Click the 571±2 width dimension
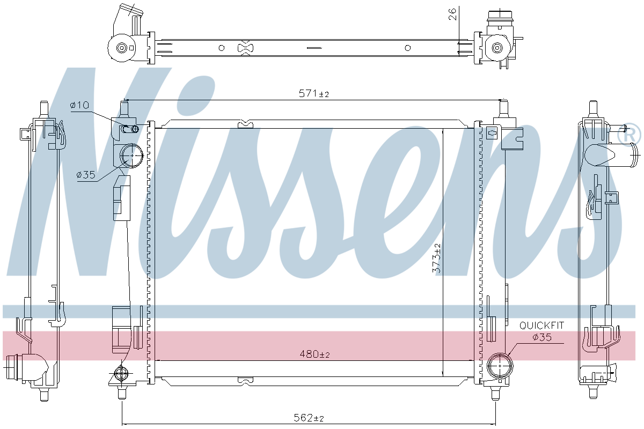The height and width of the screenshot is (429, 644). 313,93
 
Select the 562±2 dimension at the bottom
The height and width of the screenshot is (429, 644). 309,418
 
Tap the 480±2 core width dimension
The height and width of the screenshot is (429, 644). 314,354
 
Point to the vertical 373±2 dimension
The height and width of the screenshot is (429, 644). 436,258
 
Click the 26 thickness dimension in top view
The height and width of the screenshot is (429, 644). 452,14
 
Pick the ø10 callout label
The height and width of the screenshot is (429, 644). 79,105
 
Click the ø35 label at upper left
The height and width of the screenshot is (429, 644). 86,174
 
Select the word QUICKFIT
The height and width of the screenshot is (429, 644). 541,326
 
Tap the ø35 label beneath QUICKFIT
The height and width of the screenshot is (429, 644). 542,337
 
